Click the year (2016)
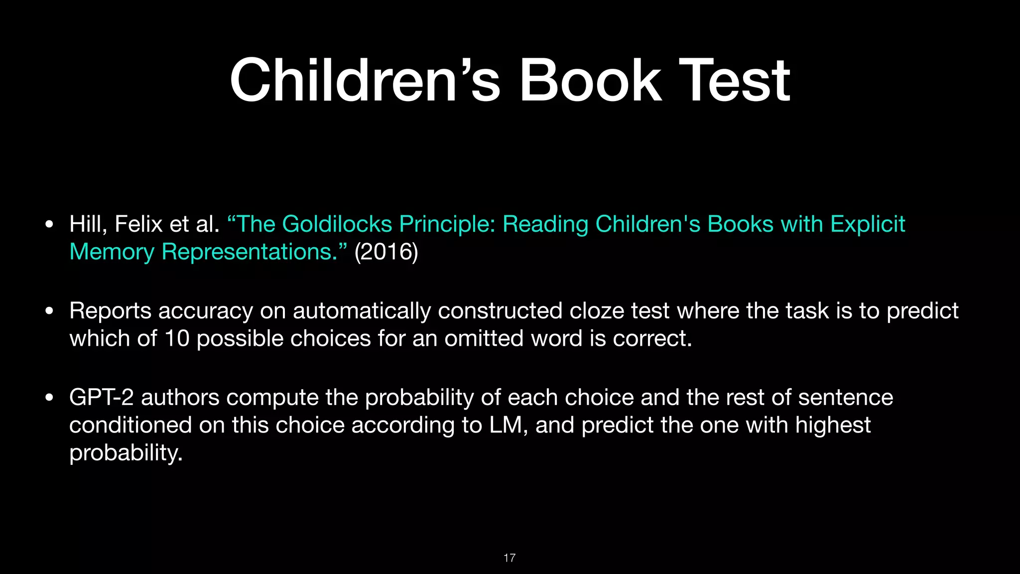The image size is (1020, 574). click(x=386, y=252)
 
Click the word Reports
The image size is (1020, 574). click(x=110, y=311)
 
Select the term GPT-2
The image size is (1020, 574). click(x=102, y=398)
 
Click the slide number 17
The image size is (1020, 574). click(x=510, y=558)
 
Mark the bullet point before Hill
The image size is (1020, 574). click(x=49, y=225)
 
